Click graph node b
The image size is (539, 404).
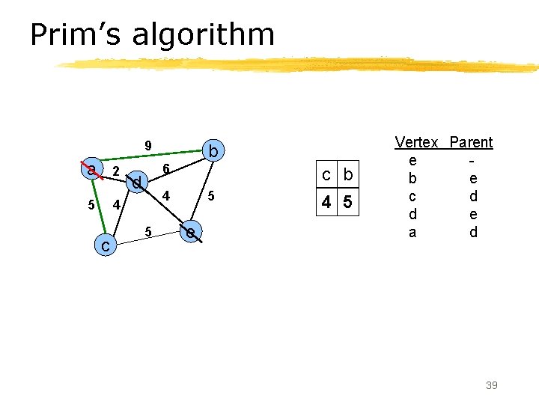coord(213,152)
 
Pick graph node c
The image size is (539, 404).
coord(106,245)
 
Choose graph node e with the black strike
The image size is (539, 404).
coord(192,233)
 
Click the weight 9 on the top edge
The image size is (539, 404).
coord(148,145)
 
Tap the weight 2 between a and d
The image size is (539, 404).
coord(115,171)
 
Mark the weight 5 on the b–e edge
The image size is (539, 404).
coord(212,196)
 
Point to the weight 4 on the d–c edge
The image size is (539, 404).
coord(116,205)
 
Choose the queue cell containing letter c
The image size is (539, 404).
coord(326,176)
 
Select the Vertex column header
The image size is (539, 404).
coord(416,142)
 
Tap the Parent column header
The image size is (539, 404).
coord(471,142)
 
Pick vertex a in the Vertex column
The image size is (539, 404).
coord(412,232)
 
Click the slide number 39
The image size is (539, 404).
coord(491,385)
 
